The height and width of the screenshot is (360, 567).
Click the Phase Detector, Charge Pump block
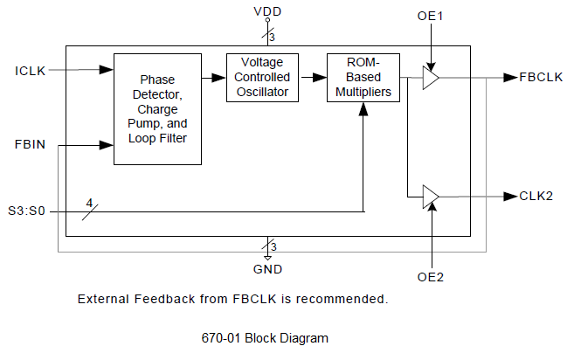point(157,109)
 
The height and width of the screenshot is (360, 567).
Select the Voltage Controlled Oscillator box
point(263,78)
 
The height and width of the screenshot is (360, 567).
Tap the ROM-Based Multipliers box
point(362,78)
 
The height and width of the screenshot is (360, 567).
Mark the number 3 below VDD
point(274,37)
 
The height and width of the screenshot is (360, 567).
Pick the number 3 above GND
point(274,248)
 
